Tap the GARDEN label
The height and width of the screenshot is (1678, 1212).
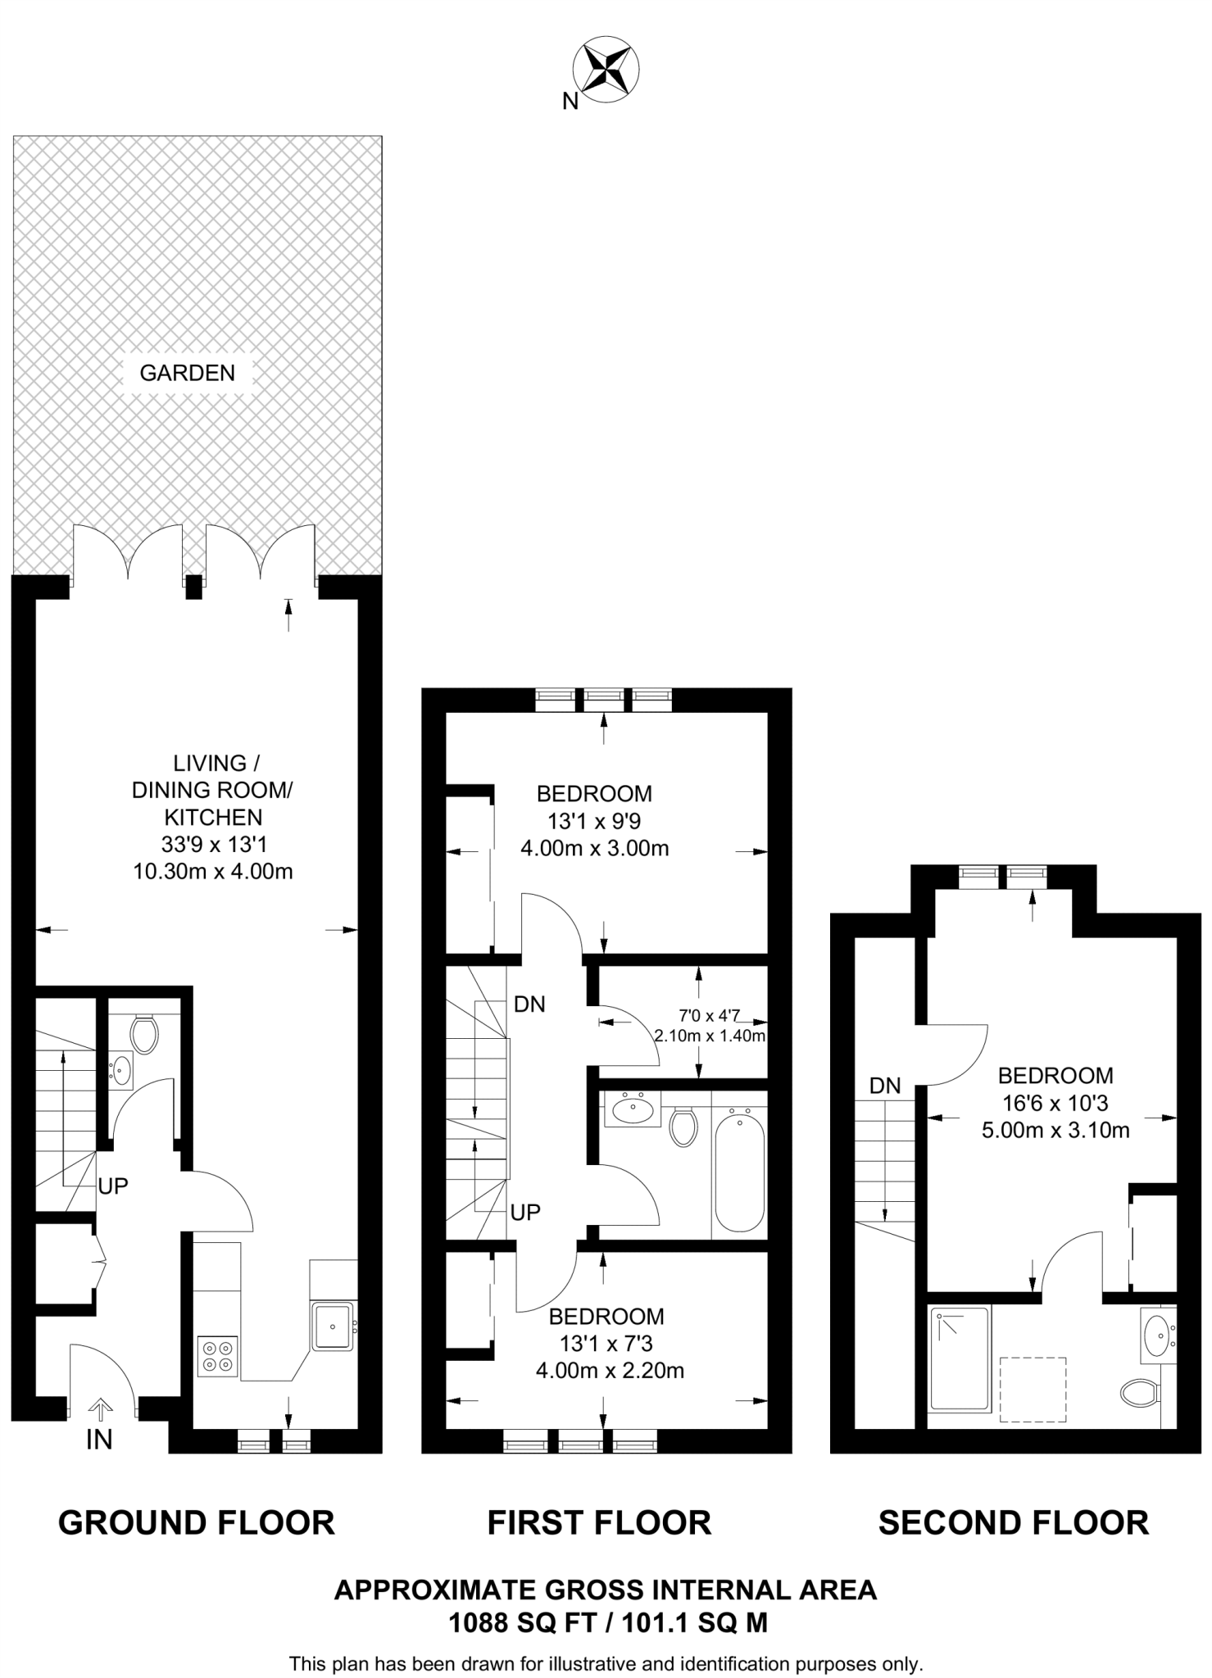tap(187, 373)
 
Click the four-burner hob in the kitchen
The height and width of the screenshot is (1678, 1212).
tap(217, 1355)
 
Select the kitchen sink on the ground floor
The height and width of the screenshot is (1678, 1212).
tap(333, 1326)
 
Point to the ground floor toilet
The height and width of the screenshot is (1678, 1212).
tap(144, 1034)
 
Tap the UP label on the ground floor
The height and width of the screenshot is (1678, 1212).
tap(113, 1186)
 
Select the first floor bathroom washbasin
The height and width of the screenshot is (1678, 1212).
tap(633, 1110)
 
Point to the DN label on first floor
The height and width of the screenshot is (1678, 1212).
tap(529, 1004)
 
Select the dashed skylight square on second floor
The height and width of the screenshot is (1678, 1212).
tap(1033, 1389)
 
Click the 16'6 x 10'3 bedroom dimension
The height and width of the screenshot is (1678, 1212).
tap(1055, 1103)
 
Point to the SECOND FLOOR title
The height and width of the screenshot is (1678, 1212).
tap(1013, 1522)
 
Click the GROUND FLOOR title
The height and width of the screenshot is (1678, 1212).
tap(197, 1522)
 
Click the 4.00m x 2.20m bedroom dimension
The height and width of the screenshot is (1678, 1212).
tap(610, 1369)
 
